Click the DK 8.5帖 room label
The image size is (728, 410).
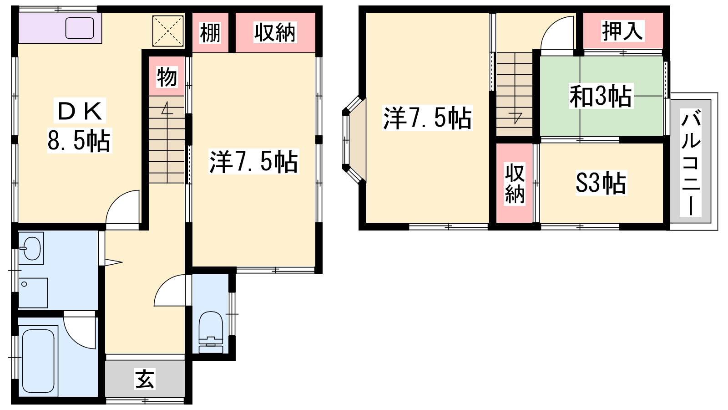(x=80, y=125)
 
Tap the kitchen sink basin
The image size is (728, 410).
(x=80, y=28)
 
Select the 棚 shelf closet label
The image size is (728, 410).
(x=210, y=32)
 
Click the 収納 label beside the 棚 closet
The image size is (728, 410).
(x=275, y=32)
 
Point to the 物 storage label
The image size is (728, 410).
(x=167, y=77)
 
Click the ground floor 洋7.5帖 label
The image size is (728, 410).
(x=253, y=162)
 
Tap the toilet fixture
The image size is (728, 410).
(x=211, y=332)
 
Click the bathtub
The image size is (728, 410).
(x=38, y=361)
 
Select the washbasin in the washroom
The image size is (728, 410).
(x=31, y=248)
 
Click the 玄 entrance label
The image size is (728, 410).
(x=145, y=379)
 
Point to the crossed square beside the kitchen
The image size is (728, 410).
(x=168, y=31)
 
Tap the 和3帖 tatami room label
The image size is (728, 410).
(x=601, y=96)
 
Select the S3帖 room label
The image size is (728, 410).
(x=601, y=183)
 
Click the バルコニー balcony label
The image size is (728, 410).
(x=691, y=163)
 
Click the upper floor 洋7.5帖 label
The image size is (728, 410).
(x=428, y=118)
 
